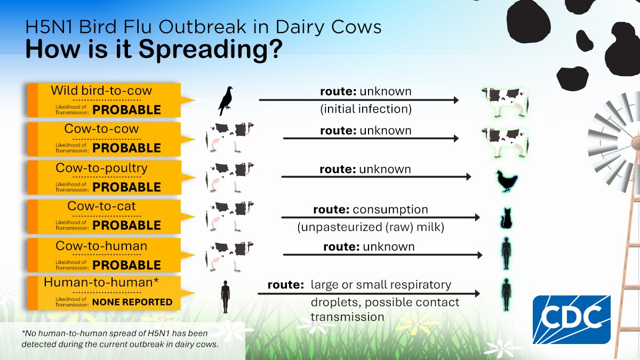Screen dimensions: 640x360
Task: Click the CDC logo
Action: pos(571,319)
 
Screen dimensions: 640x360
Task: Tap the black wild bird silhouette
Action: pos(226,101)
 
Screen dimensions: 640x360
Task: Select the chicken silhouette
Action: pos(507,181)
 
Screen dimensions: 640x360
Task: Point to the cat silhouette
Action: pos(506,218)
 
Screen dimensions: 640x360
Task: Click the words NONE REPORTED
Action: pos(132,302)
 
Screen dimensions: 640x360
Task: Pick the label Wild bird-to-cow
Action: pos(101,91)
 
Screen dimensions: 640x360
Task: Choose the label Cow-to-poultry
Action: pos(101,168)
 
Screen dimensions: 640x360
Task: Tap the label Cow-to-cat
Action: pos(101,206)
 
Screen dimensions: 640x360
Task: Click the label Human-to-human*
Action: pos(101,282)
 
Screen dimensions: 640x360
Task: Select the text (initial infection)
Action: pos(366,109)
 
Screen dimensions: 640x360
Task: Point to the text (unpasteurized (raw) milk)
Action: pos(371,227)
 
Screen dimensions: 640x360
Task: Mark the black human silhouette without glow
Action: pos(226,297)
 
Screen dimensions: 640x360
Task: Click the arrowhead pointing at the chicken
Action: pos(469,177)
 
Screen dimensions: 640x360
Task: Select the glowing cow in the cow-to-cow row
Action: pos(505,142)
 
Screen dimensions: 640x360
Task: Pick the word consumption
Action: pos(390,210)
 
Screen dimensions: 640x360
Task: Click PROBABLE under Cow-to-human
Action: pos(126,265)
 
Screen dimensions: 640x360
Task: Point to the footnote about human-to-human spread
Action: pos(120,339)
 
